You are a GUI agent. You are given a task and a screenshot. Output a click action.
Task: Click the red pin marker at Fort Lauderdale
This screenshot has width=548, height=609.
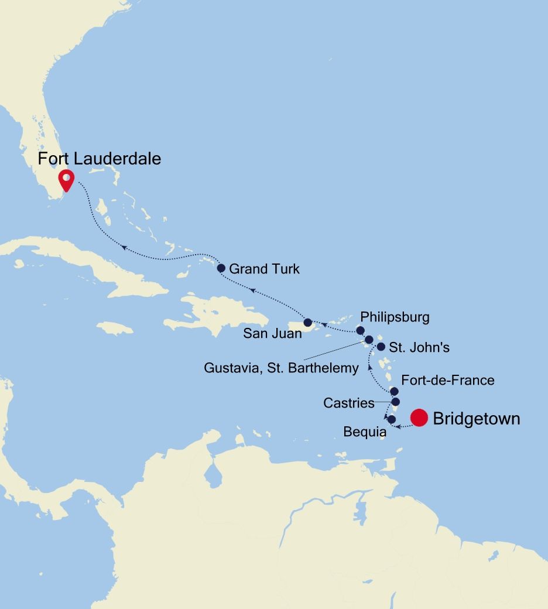click(x=67, y=180)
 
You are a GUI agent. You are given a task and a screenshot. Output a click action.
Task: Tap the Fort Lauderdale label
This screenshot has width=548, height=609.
click(x=100, y=159)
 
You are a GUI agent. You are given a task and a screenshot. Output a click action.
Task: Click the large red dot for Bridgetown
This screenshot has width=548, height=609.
click(x=419, y=418)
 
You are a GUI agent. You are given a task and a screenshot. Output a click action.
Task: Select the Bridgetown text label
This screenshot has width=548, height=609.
click(x=476, y=419)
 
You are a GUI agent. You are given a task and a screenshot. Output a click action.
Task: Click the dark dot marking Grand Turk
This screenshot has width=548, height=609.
click(x=221, y=268)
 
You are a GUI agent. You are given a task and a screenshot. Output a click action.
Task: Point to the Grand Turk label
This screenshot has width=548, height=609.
click(x=264, y=269)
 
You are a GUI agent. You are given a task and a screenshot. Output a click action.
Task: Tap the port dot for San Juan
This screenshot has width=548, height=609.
click(x=308, y=323)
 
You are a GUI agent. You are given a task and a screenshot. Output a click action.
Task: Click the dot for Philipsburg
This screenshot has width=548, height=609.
click(x=361, y=331)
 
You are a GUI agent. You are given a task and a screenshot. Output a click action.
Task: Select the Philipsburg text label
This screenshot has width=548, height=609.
click(x=395, y=317)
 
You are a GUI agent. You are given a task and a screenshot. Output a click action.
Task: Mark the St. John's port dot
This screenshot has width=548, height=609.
click(x=381, y=347)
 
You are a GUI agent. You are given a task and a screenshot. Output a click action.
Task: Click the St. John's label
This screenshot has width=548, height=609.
click(x=419, y=347)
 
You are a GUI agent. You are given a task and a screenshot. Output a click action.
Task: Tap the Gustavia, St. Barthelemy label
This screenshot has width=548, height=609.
click(x=281, y=368)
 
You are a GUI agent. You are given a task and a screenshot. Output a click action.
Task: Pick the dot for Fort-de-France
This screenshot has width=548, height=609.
click(x=394, y=391)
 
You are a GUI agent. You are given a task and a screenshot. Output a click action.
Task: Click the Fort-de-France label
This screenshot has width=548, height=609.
click(x=448, y=380)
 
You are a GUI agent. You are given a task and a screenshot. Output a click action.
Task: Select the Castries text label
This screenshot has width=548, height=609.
click(x=348, y=403)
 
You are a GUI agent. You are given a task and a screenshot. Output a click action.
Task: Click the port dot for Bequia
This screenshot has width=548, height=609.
click(x=392, y=419)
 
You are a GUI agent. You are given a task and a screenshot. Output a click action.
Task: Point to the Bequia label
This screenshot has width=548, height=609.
click(x=364, y=433)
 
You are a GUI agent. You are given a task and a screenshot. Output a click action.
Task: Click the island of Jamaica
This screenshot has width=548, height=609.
click(x=115, y=328)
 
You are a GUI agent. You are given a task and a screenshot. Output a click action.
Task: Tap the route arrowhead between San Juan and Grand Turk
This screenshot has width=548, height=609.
click(x=252, y=289)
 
